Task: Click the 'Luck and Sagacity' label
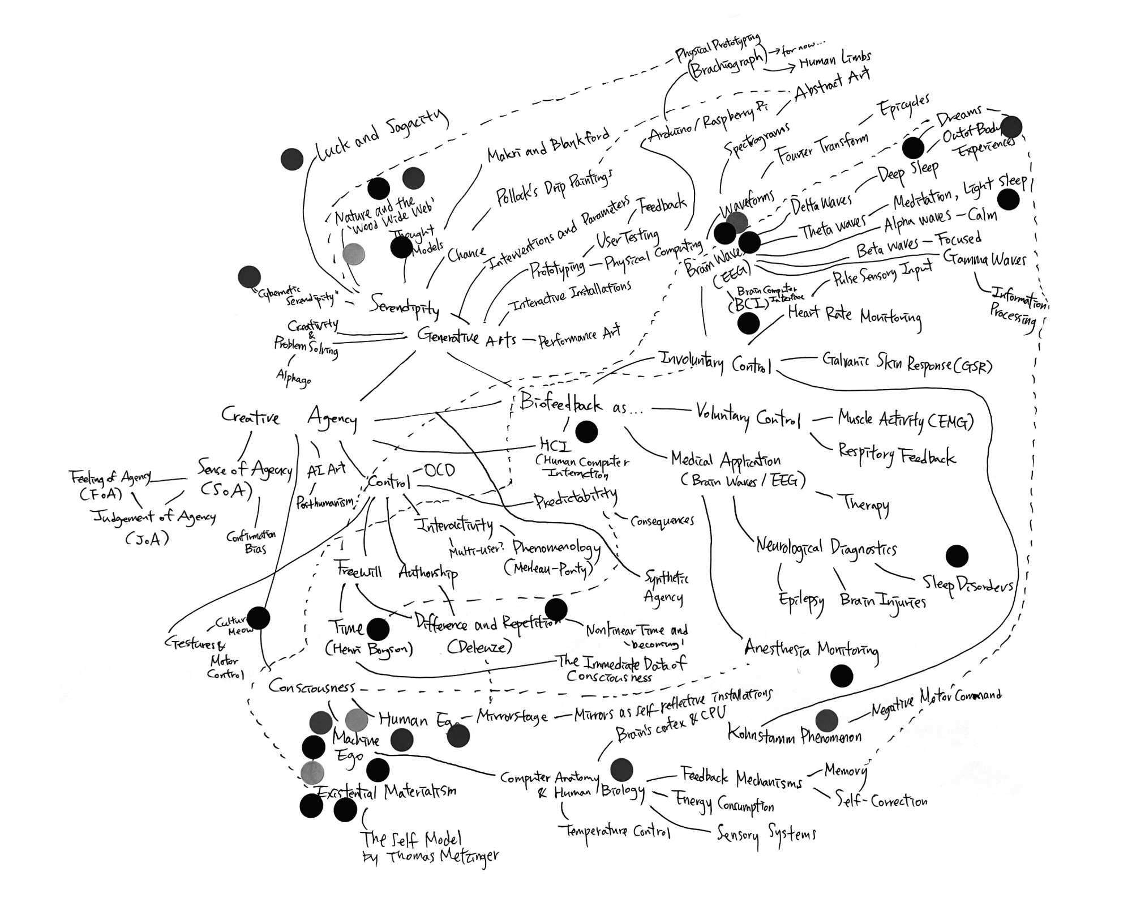tap(380, 136)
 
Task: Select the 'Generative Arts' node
tap(466, 336)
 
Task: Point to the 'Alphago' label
tap(293, 377)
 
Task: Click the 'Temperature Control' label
tap(614, 831)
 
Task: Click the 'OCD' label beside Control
tap(439, 471)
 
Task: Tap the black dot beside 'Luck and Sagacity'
tap(292, 159)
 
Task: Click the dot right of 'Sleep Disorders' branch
tap(957, 556)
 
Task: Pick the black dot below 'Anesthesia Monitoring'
tap(842, 676)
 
